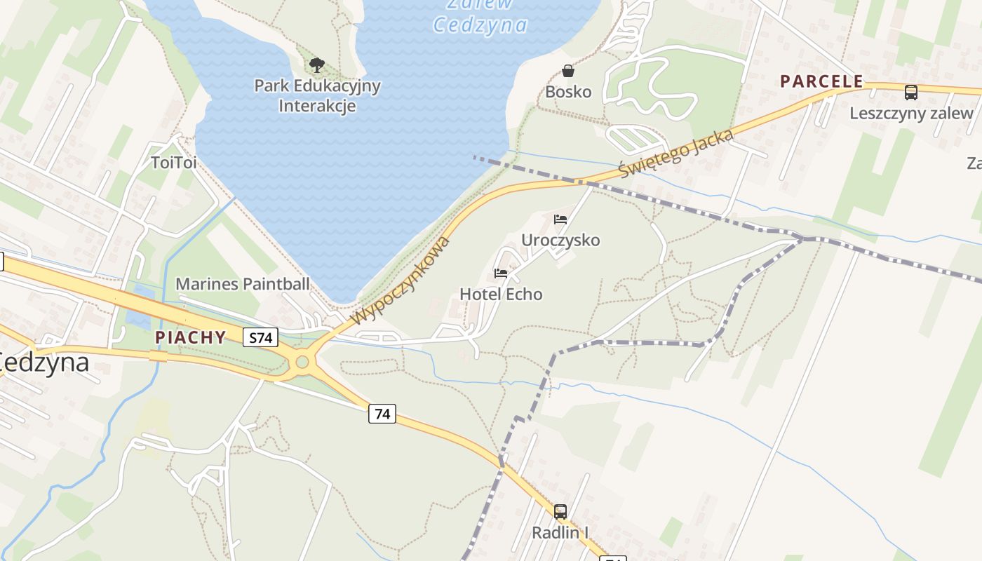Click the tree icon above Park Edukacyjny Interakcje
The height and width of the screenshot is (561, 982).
317,65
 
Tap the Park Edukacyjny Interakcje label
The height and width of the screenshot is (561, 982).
317,96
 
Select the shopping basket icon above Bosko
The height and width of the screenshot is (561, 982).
568,71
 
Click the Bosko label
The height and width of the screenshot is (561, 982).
568,92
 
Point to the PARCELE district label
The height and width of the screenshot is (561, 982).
821,81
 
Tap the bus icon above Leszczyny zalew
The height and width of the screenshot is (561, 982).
911,92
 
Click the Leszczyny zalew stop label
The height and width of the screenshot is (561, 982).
911,113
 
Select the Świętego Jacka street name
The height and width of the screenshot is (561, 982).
676,154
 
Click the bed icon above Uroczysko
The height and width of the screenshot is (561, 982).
560,219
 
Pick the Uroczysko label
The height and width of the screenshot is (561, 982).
560,241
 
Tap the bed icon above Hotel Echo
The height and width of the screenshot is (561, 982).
501,273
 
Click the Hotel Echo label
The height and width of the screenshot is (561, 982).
501,294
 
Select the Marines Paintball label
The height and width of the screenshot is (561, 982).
242,284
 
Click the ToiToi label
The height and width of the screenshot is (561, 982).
173,163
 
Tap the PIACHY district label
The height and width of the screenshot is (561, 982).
191,337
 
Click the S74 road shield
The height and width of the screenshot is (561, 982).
260,338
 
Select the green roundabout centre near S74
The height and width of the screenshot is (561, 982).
302,363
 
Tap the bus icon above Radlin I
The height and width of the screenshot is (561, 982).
560,512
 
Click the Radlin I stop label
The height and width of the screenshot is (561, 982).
560,533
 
